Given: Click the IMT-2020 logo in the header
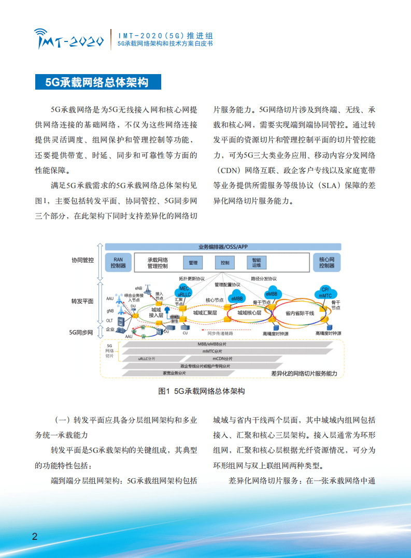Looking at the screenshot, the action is pos(70,38).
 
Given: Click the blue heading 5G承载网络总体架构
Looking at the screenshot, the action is pos(97,82).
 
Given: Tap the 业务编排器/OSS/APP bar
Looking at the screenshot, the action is pos(223,247).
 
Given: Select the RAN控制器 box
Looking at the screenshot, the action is pos(118,262).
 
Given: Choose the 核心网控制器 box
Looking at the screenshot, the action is pos(327,262).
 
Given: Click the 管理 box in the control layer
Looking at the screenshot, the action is pos(193,263).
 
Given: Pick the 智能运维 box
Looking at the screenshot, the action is pos(257,263).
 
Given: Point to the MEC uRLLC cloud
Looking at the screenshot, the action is pos(184,291).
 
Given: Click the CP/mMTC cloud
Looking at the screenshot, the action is pos(325,292).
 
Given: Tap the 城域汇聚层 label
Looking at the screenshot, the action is pos(205,313).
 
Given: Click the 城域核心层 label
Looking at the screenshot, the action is pos(250,313).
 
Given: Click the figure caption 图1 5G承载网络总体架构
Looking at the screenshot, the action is pos(202,392).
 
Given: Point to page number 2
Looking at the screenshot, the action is pos(34,536).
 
